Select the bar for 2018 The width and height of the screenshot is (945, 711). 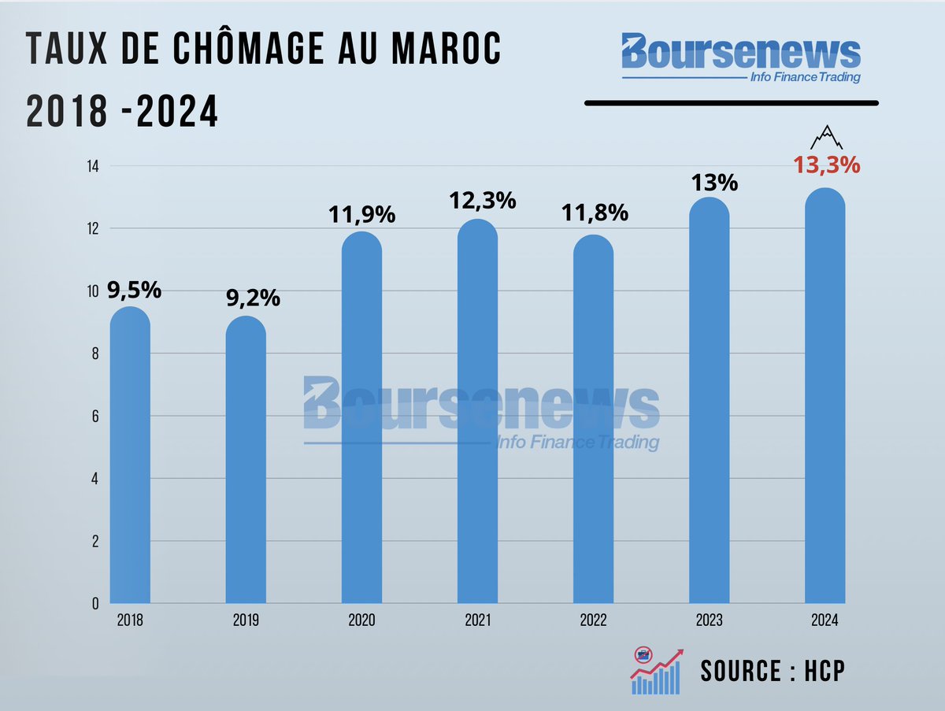(130, 457)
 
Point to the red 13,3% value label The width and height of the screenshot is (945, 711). (826, 166)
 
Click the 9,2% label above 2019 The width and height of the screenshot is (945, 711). (253, 299)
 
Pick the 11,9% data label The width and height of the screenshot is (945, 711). (362, 214)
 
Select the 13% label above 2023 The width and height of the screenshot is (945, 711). (714, 183)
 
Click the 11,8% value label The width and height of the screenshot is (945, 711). (594, 213)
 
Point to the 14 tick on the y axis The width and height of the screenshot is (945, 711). (92, 166)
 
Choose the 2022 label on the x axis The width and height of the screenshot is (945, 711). (593, 620)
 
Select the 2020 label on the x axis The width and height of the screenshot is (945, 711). (361, 620)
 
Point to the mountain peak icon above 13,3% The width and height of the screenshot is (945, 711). (826, 137)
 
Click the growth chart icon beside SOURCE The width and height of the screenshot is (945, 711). (655, 671)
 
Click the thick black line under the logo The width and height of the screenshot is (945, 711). (731, 102)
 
